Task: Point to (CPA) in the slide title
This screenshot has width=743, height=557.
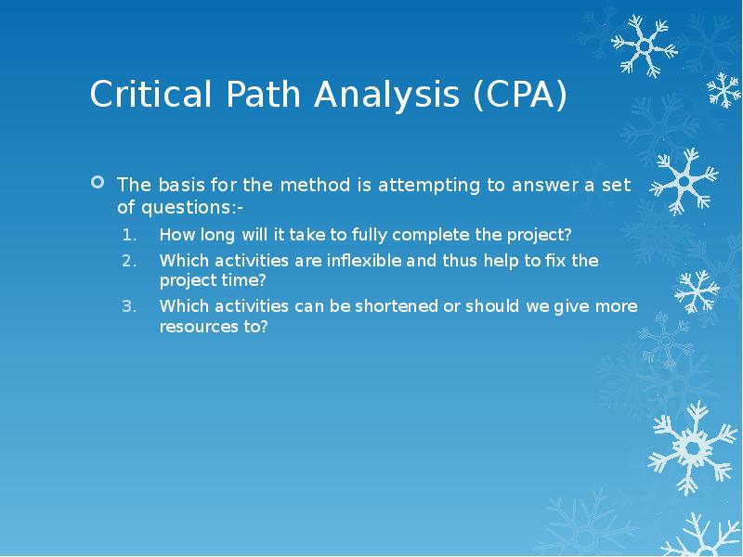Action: (519, 97)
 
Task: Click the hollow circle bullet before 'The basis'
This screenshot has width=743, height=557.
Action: (97, 184)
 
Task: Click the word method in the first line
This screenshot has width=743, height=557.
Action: (312, 185)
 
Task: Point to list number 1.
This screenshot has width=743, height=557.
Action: (130, 234)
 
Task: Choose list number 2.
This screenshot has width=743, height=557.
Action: (130, 261)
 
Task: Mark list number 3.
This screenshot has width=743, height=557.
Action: (130, 306)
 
